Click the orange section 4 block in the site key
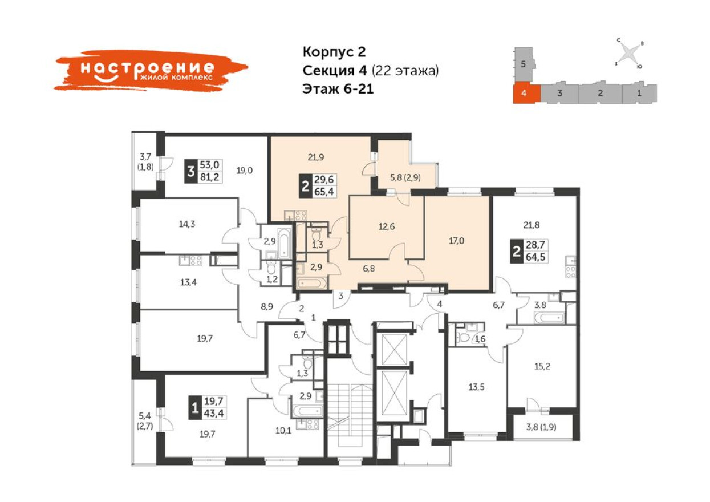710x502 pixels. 527,94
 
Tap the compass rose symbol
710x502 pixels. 629,54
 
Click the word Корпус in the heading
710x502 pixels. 328,52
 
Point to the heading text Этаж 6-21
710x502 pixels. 338,89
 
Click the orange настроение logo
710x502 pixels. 150,70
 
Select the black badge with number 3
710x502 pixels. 191,172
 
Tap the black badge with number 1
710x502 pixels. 194,407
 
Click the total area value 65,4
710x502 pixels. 324,192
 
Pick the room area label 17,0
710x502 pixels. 456,241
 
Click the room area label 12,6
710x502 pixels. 387,226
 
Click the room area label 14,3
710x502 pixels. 187,224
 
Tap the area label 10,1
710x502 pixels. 283,430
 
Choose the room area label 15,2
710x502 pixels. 542,366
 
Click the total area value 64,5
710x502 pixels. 535,257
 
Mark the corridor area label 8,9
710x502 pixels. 267,307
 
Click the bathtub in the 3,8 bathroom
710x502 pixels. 549,317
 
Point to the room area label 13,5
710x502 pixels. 476,387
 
